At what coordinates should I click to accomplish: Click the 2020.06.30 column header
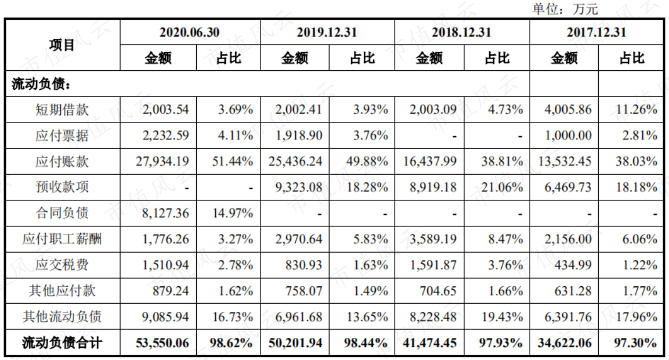click(x=189, y=33)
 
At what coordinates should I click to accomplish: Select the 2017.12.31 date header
click(x=596, y=33)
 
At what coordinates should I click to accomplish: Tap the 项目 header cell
click(x=62, y=45)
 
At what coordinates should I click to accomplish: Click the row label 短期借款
click(x=62, y=110)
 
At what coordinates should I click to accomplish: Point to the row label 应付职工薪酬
click(x=62, y=239)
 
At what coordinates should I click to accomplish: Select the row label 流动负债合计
click(x=62, y=343)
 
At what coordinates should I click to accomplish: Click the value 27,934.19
click(x=162, y=161)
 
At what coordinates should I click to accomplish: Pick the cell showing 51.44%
click(x=233, y=161)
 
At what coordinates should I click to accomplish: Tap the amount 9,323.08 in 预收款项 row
click(x=299, y=187)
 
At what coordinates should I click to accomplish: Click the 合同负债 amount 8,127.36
click(x=165, y=213)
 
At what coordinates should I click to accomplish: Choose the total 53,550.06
click(x=162, y=343)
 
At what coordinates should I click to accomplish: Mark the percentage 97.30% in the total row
click(x=635, y=343)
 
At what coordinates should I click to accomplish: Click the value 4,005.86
click(x=568, y=110)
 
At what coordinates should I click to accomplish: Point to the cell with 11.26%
click(x=636, y=110)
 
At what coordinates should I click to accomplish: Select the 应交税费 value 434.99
click(x=573, y=265)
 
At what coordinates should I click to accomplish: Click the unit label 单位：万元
click(x=565, y=9)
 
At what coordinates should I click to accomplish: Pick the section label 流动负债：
click(x=41, y=84)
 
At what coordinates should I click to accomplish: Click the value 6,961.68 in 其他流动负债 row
click(x=299, y=317)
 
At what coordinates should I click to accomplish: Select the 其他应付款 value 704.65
click(x=437, y=291)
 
